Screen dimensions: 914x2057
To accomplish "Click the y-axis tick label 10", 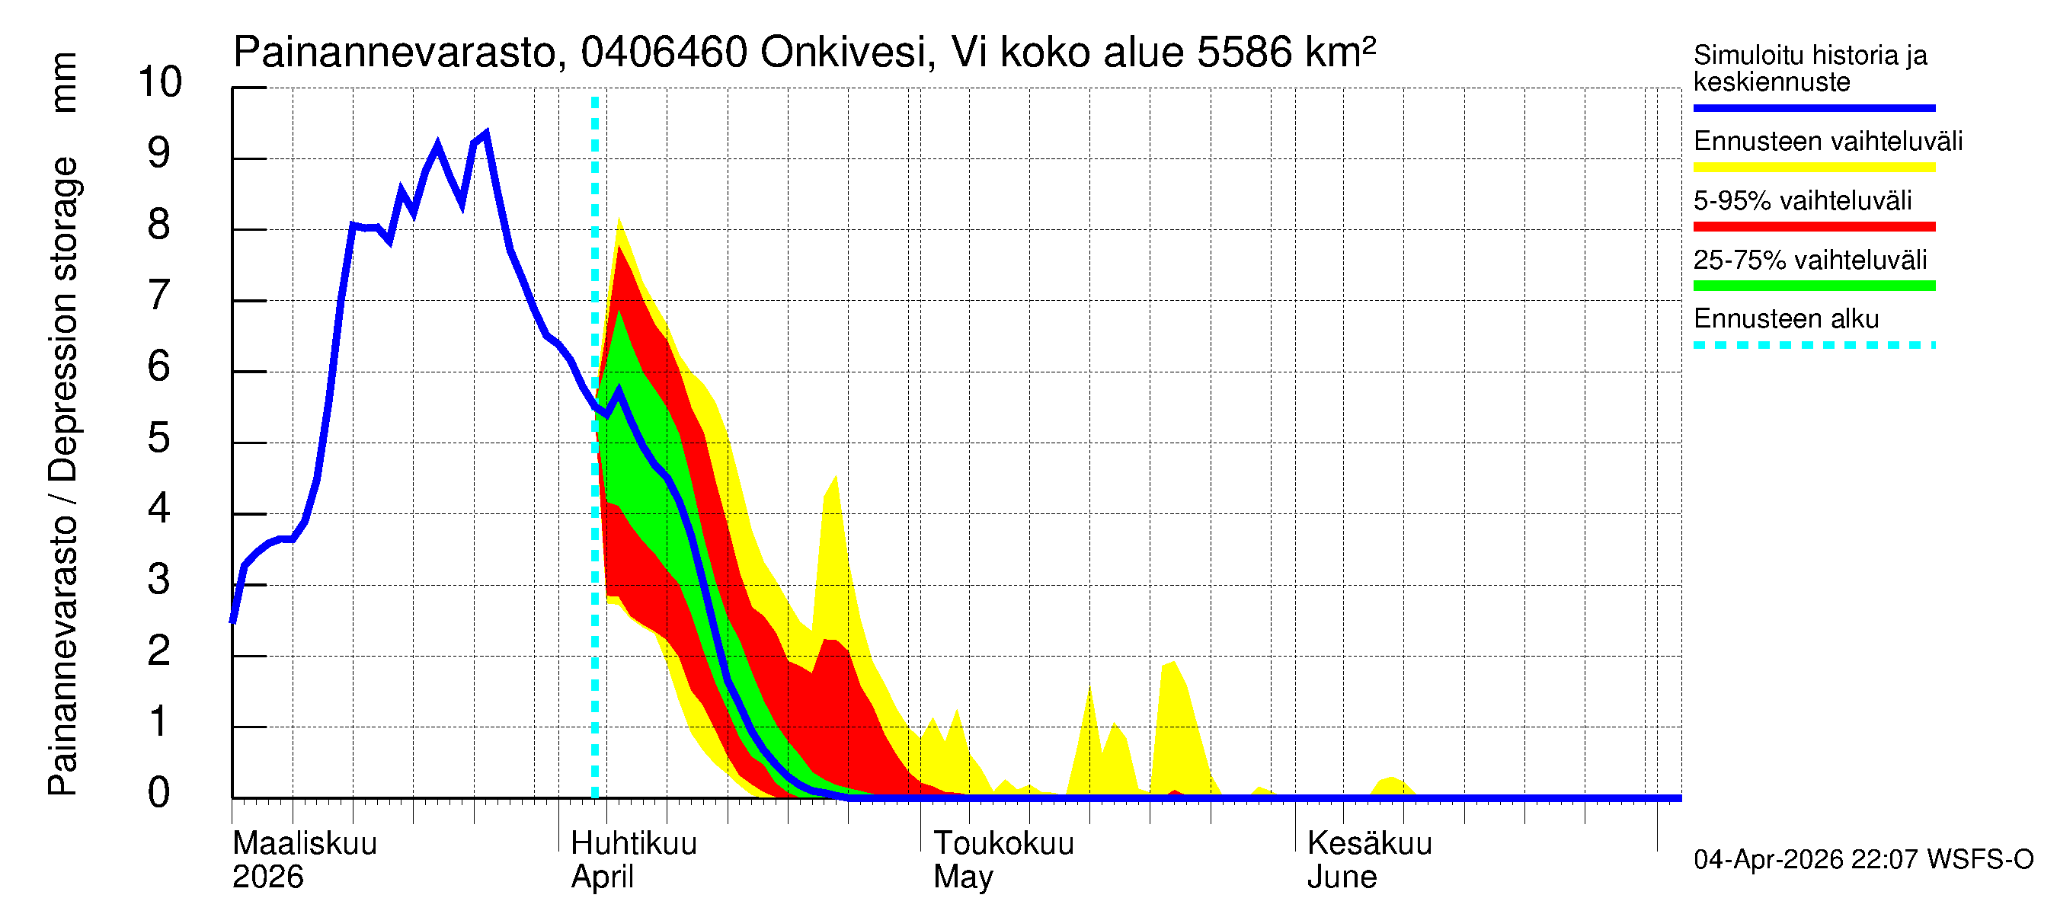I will pyautogui.click(x=160, y=81).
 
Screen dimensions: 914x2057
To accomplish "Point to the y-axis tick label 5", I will pyautogui.click(x=159, y=437).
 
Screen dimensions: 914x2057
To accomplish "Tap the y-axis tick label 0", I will pyautogui.click(x=159, y=792).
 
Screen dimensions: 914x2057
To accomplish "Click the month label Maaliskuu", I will pyautogui.click(x=304, y=843).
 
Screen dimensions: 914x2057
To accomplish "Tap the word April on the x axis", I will pyautogui.click(x=602, y=877).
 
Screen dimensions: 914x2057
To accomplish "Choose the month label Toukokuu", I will pyautogui.click(x=1004, y=843).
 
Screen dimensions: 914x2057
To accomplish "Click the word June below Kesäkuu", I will pyautogui.click(x=1342, y=877).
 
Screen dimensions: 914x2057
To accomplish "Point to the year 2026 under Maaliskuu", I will pyautogui.click(x=267, y=877).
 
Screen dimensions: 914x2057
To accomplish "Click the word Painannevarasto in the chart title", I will pyautogui.click(x=395, y=53).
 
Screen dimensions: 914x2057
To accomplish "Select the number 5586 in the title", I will pyautogui.click(x=1244, y=53).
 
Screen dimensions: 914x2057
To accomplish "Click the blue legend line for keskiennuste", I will pyautogui.click(x=1813, y=107).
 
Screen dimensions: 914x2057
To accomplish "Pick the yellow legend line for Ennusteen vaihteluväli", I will pyautogui.click(x=1813, y=168).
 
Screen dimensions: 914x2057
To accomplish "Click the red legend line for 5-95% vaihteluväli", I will pyautogui.click(x=1813, y=227).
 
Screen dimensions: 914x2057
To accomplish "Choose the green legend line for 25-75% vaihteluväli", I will pyautogui.click(x=1813, y=286).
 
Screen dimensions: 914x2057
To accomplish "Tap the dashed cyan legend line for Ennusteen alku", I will pyautogui.click(x=1813, y=345).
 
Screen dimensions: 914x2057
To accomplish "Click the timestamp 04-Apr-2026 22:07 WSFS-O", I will pyautogui.click(x=1863, y=859).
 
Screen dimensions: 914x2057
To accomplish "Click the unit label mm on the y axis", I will pyautogui.click(x=64, y=82).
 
